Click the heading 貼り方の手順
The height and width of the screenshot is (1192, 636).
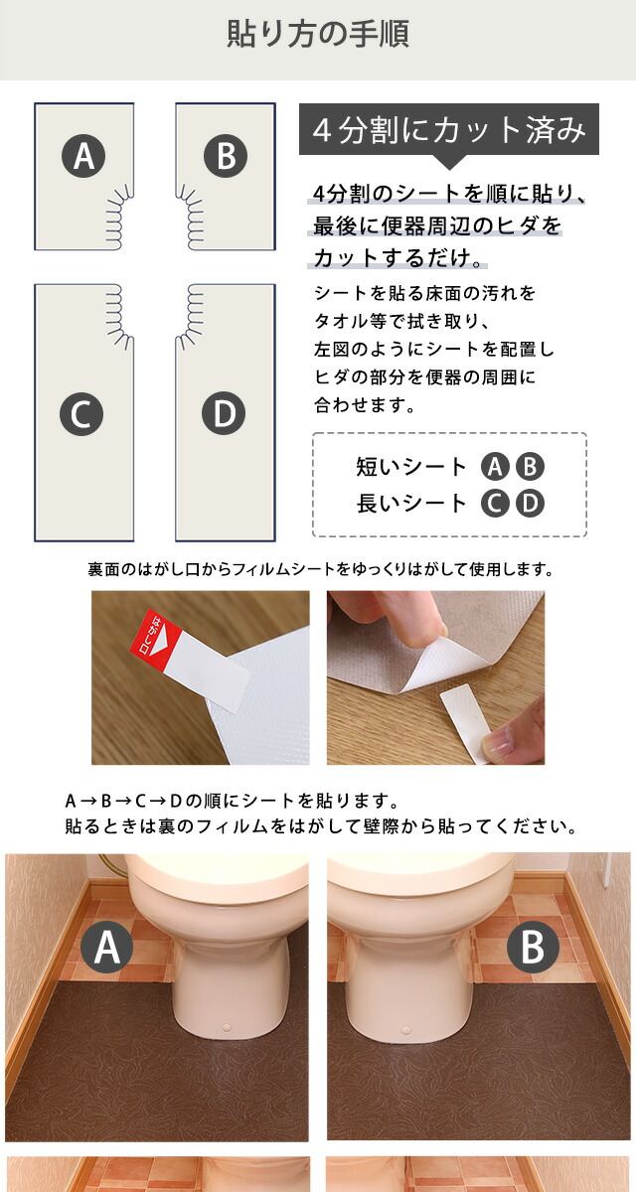point(318,34)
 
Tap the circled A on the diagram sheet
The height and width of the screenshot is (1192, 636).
point(83,156)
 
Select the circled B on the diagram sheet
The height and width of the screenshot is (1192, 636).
point(226,156)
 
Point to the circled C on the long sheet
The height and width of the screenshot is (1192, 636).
point(81,414)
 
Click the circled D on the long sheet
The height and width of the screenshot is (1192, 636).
point(224,413)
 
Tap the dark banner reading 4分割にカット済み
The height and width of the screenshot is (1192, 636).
point(448,129)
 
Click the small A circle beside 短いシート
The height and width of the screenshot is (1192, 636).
point(495,467)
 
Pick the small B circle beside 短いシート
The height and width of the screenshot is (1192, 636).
point(530,467)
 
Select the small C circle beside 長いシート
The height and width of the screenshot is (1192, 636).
point(495,504)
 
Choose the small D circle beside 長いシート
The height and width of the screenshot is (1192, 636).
point(530,504)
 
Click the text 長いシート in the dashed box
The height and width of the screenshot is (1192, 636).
point(411,504)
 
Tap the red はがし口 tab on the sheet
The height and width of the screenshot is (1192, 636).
point(156,638)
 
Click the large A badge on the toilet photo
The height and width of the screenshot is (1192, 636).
point(107,948)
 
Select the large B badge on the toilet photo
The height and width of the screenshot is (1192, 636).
point(533,948)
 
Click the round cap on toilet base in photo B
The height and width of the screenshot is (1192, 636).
point(406,1030)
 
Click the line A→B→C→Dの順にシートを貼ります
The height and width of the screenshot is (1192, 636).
point(233,801)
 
